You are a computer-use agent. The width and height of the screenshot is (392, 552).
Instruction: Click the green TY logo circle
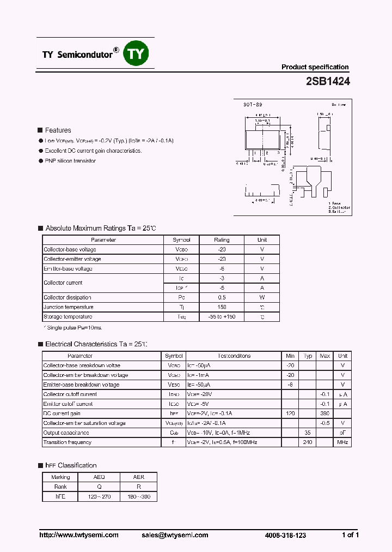pyautogui.click(x=137, y=53)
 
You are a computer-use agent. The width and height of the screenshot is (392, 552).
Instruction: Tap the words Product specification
pyautogui.click(x=315, y=67)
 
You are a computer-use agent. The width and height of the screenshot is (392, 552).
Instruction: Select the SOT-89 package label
pyautogui.click(x=253, y=104)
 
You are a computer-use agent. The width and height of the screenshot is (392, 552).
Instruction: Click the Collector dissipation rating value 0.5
pyautogui.click(x=222, y=298)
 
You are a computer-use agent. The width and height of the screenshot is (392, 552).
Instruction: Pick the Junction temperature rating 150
pyautogui.click(x=222, y=307)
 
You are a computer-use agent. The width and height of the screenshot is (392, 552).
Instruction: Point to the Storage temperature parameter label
pyautogui.click(x=68, y=317)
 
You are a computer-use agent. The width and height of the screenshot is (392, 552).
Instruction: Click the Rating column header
pyautogui.click(x=222, y=240)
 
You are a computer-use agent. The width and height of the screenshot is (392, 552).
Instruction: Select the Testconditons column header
pyautogui.click(x=234, y=356)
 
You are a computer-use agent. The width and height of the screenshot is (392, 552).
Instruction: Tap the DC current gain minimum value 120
pyautogui.click(x=290, y=414)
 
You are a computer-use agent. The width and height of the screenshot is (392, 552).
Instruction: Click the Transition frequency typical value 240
pyautogui.click(x=308, y=442)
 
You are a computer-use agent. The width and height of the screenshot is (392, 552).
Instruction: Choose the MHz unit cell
pyautogui.click(x=342, y=442)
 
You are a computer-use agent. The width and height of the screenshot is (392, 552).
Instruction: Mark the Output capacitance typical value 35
pyautogui.click(x=308, y=433)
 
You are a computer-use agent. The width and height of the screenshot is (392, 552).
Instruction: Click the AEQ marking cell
pyautogui.click(x=99, y=477)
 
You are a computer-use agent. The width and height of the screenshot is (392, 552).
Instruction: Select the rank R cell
pyautogui.click(x=138, y=487)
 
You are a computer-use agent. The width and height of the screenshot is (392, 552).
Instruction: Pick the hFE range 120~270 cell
pyautogui.click(x=99, y=497)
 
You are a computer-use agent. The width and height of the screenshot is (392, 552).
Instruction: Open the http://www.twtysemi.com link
pyautogui.click(x=79, y=535)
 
